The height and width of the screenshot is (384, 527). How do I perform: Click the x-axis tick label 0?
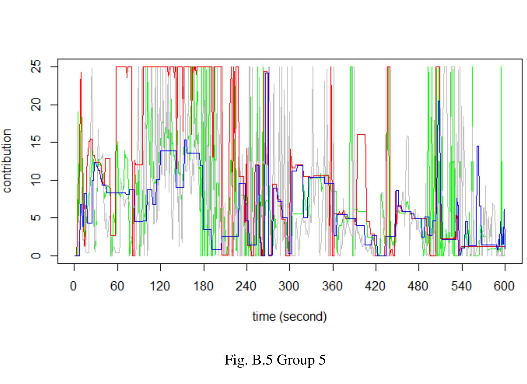74,286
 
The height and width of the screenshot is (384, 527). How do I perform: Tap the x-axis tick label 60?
117,286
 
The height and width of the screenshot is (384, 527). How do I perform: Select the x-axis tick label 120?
160,286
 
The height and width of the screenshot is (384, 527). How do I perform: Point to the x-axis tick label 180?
203,286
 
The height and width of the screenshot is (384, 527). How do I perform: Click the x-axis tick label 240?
246,286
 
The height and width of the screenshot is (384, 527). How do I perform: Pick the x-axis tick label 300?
289,286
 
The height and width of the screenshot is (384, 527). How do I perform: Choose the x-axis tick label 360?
332,286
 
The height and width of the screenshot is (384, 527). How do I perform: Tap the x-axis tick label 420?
376,286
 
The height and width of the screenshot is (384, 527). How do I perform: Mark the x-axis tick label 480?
418,286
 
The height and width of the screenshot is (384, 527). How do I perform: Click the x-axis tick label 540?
462,286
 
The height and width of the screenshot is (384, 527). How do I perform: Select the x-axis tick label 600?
505,286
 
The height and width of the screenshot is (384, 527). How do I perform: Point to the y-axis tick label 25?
37,67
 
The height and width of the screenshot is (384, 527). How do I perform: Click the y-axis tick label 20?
37,105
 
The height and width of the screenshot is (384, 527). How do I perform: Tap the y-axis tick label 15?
37,142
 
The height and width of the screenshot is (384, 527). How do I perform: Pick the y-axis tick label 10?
37,180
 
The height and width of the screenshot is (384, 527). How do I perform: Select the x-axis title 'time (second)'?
289,317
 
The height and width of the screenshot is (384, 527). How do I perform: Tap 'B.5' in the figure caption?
262,360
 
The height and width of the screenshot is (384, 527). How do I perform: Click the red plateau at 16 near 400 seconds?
361,135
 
